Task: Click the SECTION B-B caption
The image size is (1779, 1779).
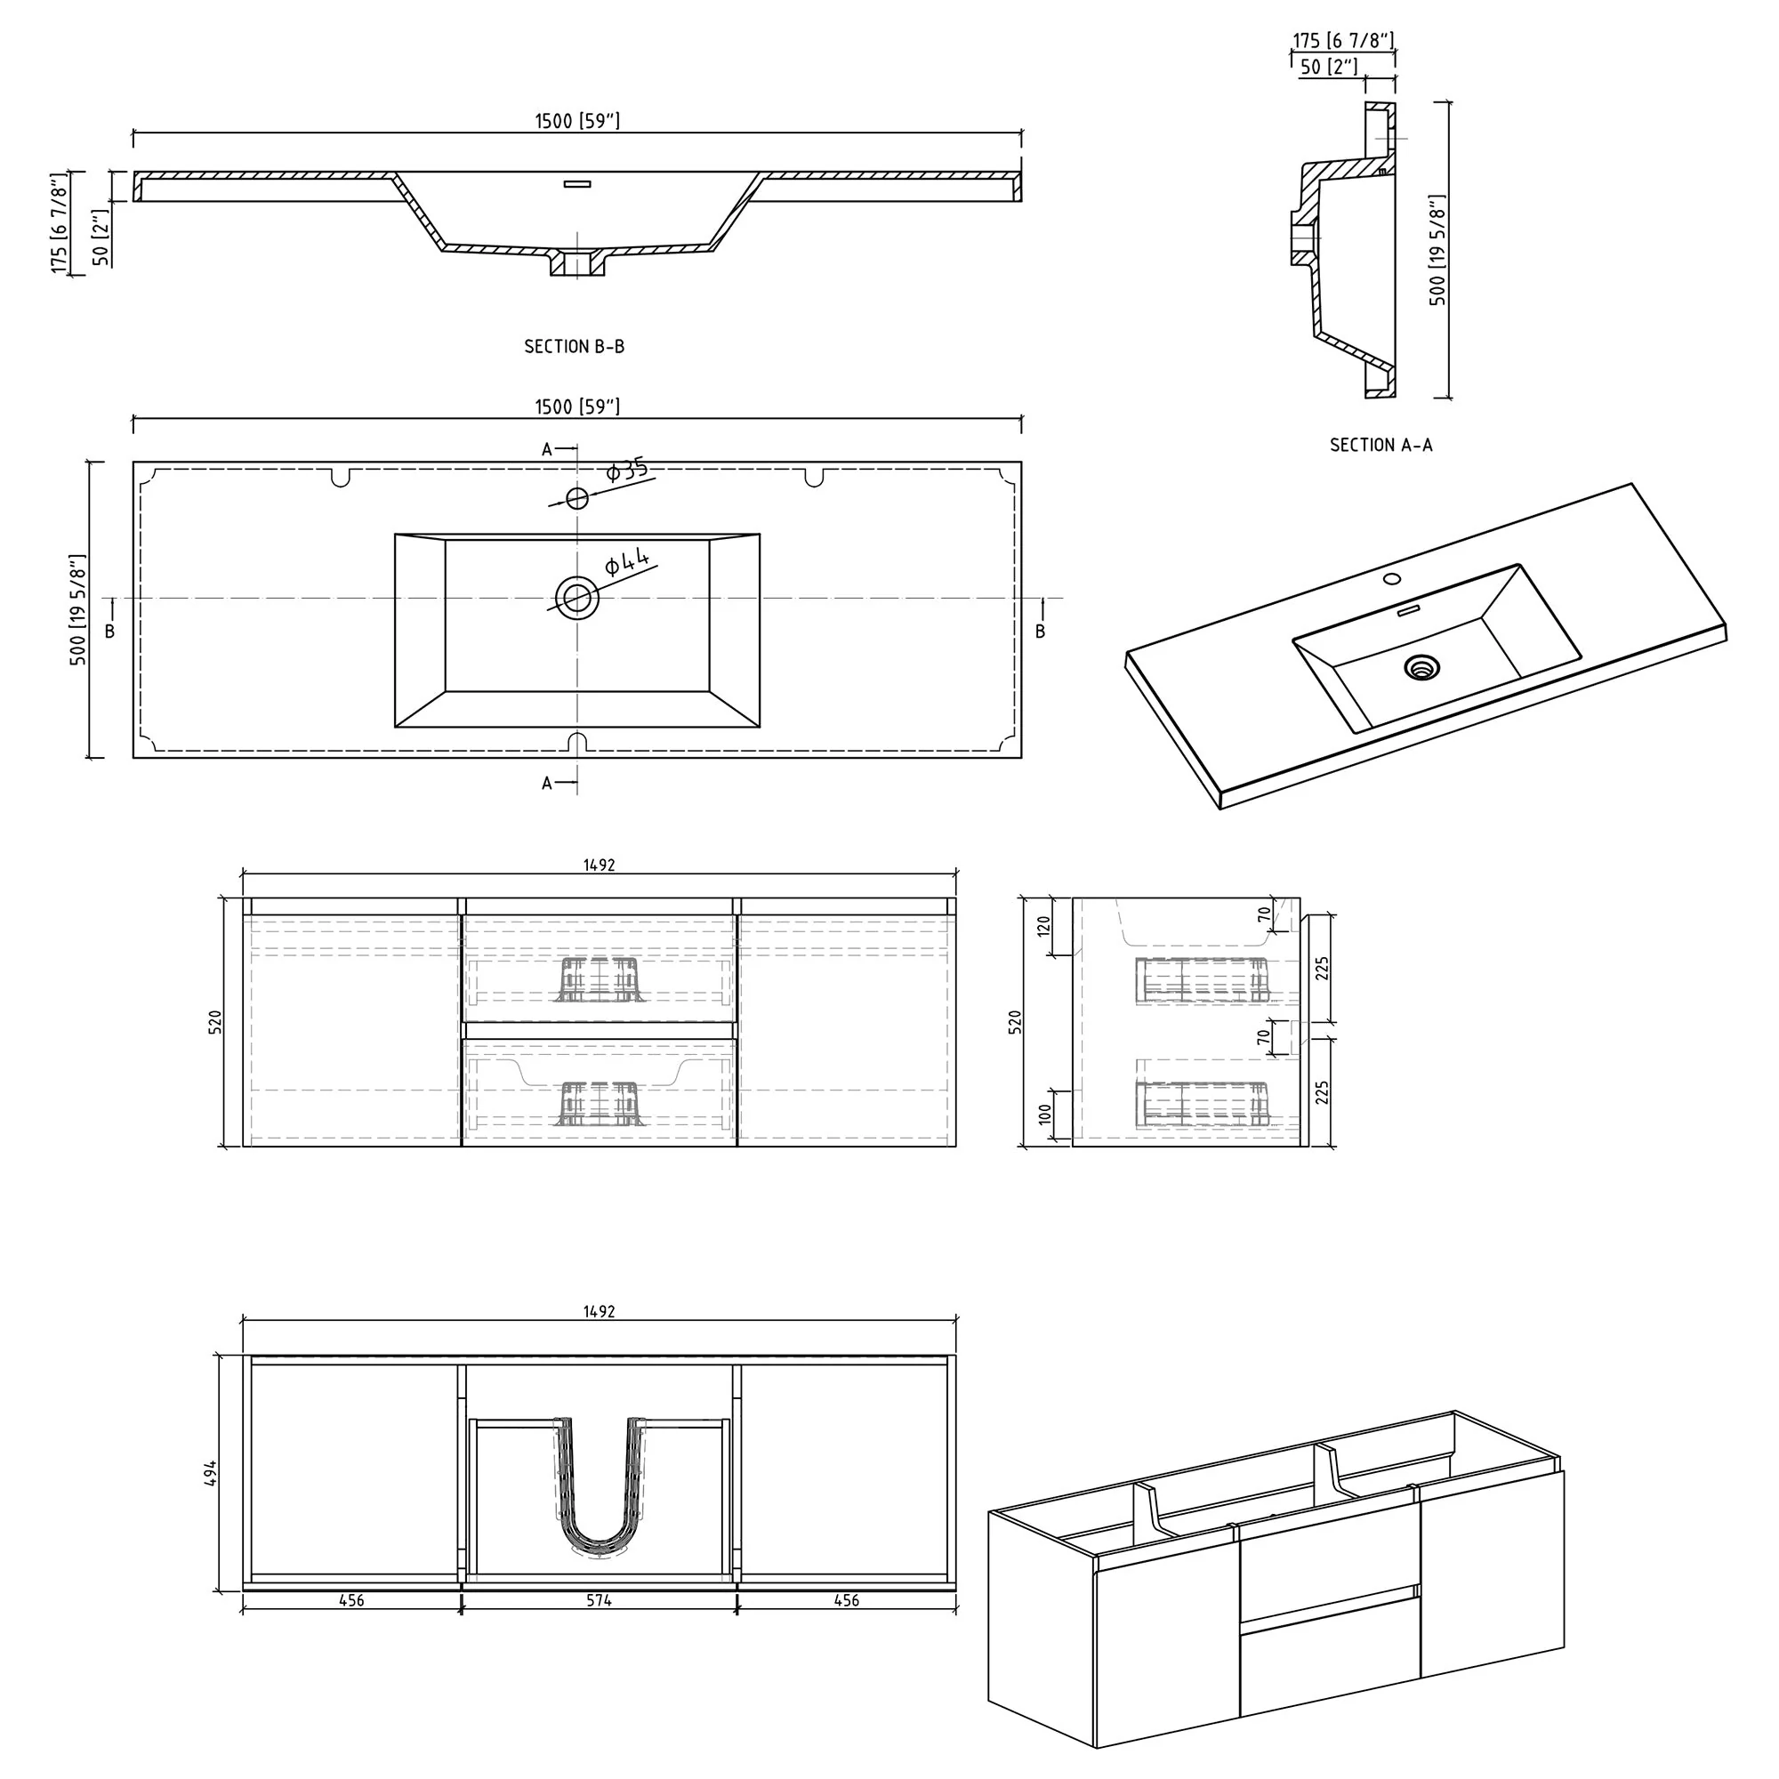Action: (x=575, y=347)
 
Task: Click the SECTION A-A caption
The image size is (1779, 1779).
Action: (x=1381, y=446)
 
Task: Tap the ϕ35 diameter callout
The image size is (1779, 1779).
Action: (x=627, y=471)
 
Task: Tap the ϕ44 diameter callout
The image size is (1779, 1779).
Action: (x=627, y=560)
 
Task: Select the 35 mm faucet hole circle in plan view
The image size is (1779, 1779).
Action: (x=577, y=498)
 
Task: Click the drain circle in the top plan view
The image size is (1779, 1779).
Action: (x=577, y=599)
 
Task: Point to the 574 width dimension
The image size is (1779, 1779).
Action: (x=599, y=1601)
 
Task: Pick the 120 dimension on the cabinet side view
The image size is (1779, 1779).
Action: (x=1044, y=926)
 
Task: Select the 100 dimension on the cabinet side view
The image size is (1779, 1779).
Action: (x=1044, y=1114)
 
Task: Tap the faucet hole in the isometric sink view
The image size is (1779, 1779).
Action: (x=1392, y=579)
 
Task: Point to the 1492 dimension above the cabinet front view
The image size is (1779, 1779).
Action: (x=599, y=865)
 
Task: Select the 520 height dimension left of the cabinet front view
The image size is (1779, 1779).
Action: (x=215, y=1021)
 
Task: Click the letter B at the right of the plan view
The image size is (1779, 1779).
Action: (x=1041, y=632)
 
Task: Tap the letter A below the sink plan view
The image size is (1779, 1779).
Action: (x=547, y=784)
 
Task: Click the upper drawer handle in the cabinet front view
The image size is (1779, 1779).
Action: (x=599, y=979)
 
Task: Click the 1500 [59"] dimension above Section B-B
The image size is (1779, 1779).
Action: (x=577, y=122)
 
